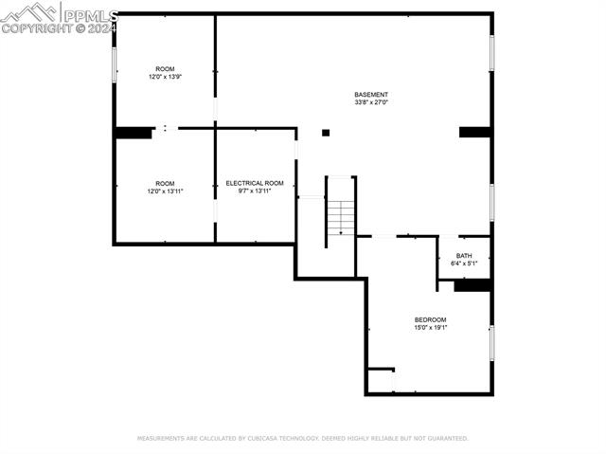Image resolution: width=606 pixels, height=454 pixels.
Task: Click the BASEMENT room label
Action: click(371, 95)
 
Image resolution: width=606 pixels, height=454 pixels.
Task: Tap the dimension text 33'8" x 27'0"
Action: click(371, 102)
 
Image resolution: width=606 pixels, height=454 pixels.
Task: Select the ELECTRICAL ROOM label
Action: click(255, 183)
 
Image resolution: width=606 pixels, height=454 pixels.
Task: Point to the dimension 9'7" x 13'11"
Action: click(255, 191)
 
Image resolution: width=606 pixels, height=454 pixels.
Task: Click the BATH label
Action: click(464, 256)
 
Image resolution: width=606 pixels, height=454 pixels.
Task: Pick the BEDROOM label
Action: click(431, 320)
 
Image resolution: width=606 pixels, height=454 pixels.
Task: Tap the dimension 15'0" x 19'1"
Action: click(431, 328)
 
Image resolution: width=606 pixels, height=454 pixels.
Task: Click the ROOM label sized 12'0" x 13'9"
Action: click(166, 69)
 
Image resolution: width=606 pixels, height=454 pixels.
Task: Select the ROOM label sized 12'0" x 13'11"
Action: click(166, 183)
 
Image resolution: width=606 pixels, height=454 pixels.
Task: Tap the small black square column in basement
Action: click(326, 133)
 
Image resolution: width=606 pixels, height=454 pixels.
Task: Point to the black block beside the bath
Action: click(472, 285)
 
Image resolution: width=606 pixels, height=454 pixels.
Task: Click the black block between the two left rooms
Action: click(134, 133)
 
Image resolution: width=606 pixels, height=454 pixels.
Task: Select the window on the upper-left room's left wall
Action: click(115, 64)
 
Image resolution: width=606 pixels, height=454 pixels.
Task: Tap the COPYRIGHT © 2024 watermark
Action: click(59, 28)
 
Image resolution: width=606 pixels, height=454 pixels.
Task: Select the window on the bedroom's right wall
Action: click(491, 342)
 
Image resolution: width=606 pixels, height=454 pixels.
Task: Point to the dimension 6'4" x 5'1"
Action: click(464, 263)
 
